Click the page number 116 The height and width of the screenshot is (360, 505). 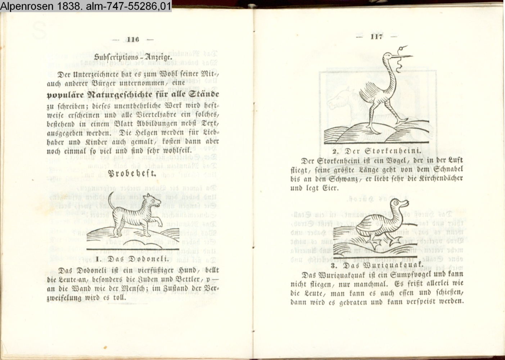coord(132,39)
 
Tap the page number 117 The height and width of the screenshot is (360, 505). coord(377,36)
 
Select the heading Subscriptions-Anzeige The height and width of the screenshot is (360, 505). coord(133,57)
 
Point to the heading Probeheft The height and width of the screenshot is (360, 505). coord(132,173)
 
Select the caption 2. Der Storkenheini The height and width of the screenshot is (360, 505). coord(377,151)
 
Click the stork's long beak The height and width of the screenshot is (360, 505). coord(402,55)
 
